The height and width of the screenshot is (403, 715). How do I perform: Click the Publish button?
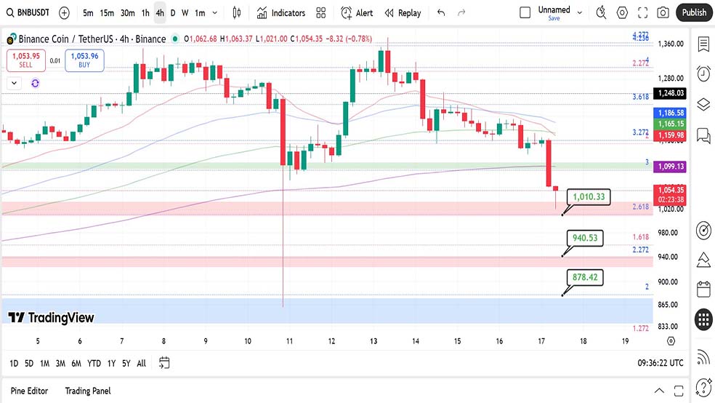(694, 12)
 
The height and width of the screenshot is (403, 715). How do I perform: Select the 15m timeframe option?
(107, 13)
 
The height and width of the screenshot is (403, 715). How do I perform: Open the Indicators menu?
(281, 13)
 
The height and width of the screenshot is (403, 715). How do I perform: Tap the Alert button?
(357, 13)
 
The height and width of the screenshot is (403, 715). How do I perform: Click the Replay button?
(403, 13)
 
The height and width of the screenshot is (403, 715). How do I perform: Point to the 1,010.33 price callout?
(589, 196)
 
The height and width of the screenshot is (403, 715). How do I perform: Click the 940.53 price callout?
(585, 238)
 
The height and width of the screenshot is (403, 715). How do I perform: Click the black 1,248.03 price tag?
(669, 93)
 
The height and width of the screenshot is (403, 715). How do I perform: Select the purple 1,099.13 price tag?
(669, 167)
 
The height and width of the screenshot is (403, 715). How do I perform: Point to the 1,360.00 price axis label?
(669, 44)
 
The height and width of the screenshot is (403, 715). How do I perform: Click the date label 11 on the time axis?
(289, 340)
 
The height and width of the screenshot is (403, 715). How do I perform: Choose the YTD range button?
(94, 363)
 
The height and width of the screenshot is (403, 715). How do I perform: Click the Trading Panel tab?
(88, 391)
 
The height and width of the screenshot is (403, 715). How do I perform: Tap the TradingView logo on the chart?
(51, 317)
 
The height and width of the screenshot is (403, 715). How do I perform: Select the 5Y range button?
(126, 363)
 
